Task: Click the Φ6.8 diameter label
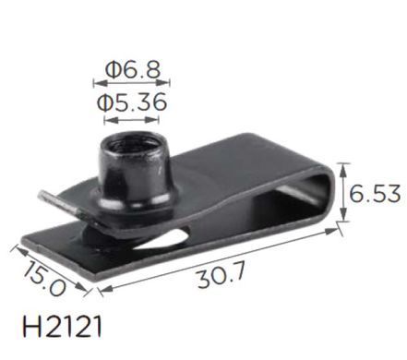pos(133,69)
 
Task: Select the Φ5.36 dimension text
pos(132,102)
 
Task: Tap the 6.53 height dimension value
pos(375,194)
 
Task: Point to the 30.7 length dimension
pos(221,275)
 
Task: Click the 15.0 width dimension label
pos(45,278)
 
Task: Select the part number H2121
pos(62,327)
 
